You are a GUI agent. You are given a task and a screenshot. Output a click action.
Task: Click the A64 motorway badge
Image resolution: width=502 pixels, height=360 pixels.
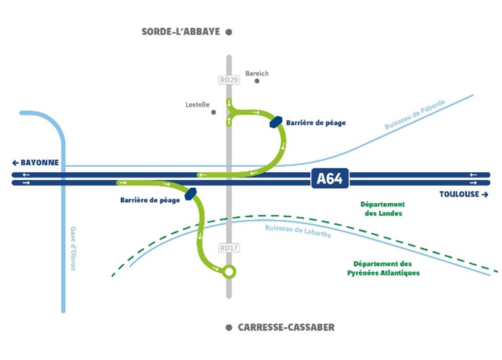[x=330, y=179]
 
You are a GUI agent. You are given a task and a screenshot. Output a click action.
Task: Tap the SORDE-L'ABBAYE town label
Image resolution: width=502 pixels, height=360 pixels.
[x=181, y=32]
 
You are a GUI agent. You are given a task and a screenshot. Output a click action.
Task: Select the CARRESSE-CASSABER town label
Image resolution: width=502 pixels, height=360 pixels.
[x=286, y=328]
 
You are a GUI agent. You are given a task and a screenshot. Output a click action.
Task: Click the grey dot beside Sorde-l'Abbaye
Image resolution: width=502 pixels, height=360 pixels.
[x=229, y=32]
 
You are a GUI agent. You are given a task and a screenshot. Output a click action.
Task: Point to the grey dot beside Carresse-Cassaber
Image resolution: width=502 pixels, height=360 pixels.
[x=229, y=328]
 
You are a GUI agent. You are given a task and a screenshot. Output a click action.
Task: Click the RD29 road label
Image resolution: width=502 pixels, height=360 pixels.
[x=229, y=80]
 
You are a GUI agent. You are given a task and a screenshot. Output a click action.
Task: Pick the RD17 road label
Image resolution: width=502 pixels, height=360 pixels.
[x=229, y=247]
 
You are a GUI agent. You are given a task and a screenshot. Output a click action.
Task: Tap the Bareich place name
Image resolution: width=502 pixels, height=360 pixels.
[x=257, y=73]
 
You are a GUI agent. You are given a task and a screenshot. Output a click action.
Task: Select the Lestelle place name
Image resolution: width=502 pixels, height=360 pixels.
[x=198, y=105]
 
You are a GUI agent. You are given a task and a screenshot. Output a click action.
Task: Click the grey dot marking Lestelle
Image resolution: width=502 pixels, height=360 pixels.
[x=214, y=112]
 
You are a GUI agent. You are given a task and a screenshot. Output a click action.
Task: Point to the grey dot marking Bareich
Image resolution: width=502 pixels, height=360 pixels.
[x=257, y=81]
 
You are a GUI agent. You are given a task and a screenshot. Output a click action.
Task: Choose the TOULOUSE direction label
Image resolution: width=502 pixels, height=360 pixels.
[x=463, y=194]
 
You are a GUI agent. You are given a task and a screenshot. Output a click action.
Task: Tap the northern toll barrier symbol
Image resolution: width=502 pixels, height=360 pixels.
[x=276, y=122]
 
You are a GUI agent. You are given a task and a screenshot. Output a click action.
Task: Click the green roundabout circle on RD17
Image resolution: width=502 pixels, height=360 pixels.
[x=229, y=271]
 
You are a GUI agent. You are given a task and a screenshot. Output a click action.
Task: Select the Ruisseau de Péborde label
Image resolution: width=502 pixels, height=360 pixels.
[x=415, y=114]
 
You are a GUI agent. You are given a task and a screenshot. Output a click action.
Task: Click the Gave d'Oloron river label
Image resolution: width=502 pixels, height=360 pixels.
[x=73, y=248]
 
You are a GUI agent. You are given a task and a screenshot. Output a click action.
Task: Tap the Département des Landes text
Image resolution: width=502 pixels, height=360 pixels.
[x=382, y=209]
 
